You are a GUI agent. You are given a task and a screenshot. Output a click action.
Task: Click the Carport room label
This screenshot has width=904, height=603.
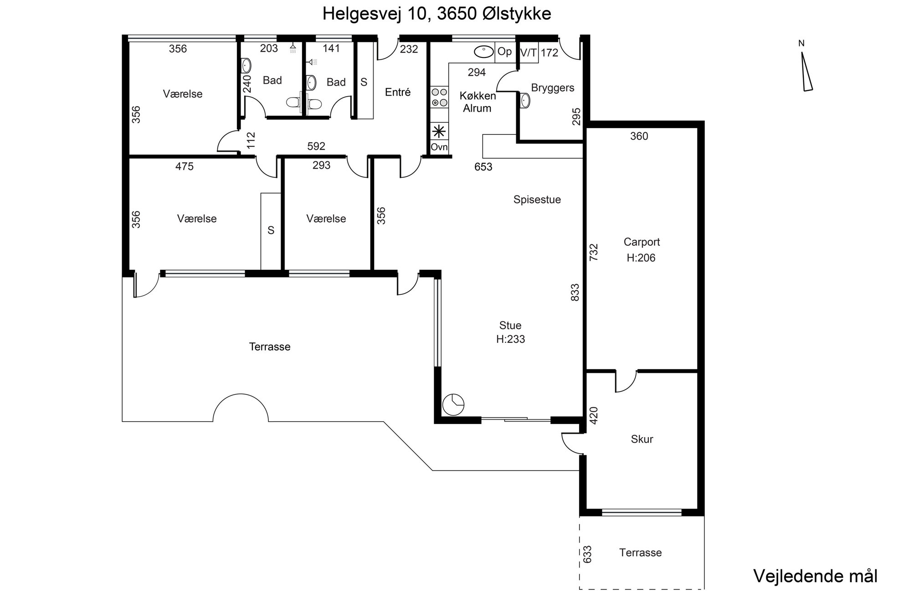coord(642,242)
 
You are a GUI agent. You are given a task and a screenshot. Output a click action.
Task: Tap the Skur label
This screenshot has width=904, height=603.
coord(642,439)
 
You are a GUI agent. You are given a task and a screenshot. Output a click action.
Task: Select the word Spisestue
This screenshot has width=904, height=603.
coord(537,200)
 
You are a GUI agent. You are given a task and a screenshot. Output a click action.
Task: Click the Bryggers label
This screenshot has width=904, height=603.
coord(553,88)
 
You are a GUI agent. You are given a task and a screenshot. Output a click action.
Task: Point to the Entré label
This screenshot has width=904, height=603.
coord(398,93)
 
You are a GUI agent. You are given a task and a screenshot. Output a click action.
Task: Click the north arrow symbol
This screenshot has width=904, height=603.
coord(807,72)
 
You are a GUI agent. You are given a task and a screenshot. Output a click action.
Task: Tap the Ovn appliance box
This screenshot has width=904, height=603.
coord(439,147)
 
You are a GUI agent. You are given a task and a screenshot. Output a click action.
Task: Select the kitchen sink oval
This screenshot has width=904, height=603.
coord(484,52)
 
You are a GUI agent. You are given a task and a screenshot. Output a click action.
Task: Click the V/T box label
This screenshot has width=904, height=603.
coord(529,52)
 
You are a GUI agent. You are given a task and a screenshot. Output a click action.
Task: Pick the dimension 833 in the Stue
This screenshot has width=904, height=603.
coord(575,293)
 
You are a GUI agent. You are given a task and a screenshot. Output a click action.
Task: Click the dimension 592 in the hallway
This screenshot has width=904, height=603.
coord(316,146)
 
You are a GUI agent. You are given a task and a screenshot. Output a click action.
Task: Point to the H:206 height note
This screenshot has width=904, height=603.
coord(641,258)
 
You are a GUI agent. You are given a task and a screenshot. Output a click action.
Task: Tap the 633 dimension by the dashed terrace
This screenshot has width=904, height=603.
coord(587,554)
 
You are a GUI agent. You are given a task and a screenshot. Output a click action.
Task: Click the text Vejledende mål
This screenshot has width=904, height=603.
coord(816,576)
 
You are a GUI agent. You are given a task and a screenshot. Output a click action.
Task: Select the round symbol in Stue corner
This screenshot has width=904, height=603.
coord(453,404)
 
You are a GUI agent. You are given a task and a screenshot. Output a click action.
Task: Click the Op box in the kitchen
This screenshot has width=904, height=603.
coord(504,52)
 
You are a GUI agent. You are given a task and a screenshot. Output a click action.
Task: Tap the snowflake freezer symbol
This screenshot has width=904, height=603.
coord(439,132)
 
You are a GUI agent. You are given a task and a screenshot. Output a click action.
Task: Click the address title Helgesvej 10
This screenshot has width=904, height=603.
coord(375,14)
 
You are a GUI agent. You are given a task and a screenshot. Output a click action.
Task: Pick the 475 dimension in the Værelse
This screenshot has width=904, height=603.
coord(185,167)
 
